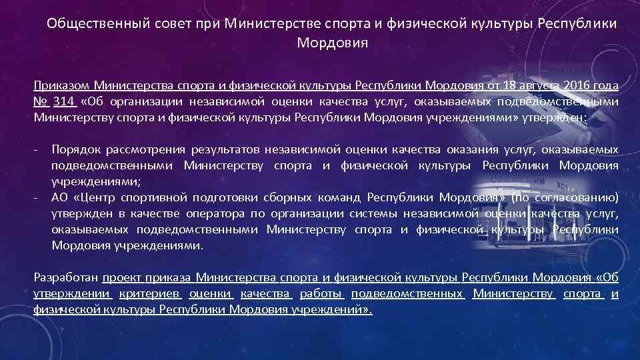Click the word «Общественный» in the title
tap(89, 25)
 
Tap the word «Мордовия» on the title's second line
tap(331, 43)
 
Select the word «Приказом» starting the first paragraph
tap(61, 86)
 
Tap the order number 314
tap(64, 101)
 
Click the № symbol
tap(40, 101)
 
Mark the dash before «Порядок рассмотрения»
tap(37, 150)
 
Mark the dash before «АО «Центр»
tap(37, 198)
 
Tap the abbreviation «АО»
tap(60, 198)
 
